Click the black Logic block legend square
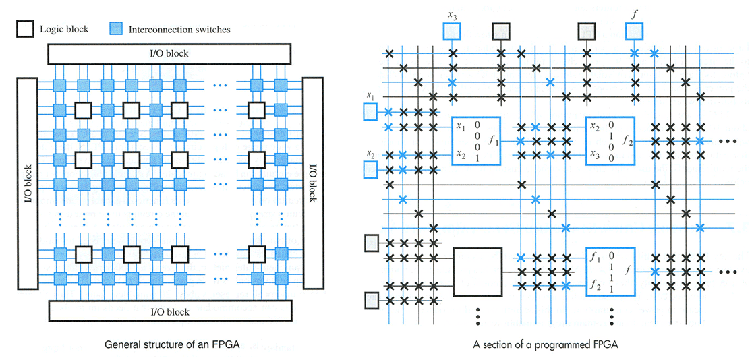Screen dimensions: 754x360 [25, 29]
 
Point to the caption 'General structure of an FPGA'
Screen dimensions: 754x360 [172, 344]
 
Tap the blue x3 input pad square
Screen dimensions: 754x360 [451, 32]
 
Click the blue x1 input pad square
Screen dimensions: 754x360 [370, 113]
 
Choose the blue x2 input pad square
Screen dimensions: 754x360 [370, 169]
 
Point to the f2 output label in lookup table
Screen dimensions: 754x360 [627, 142]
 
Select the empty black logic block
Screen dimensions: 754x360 [477, 271]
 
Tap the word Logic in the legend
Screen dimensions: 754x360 [51, 29]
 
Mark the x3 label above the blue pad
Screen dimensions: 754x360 [452, 16]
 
